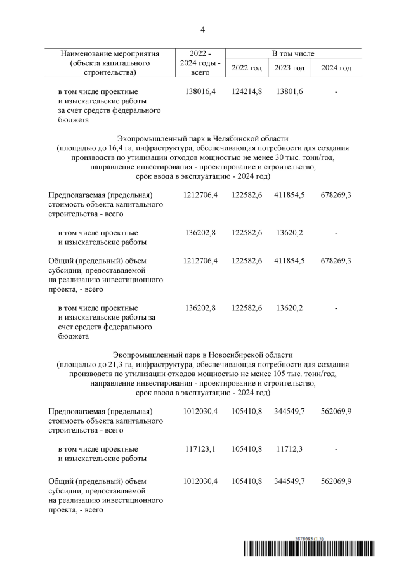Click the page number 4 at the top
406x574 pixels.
coord(203,30)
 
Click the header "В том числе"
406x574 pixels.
coord(293,54)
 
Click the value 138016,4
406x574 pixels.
coord(200,92)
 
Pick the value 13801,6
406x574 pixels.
coord(289,92)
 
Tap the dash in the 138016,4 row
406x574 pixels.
coord(336,92)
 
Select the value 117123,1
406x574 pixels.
coord(200,448)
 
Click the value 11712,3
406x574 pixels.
coord(289,448)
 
